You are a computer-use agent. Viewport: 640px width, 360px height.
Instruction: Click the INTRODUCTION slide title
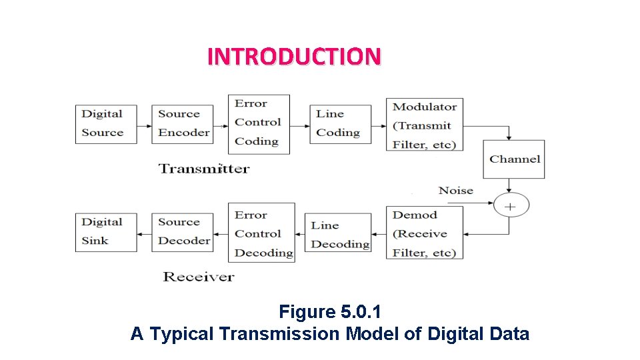tap(294, 56)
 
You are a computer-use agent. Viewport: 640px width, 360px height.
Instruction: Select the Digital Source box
tap(106, 123)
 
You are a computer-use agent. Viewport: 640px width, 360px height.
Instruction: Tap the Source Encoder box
tap(183, 123)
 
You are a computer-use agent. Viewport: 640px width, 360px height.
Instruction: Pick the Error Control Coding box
tap(259, 124)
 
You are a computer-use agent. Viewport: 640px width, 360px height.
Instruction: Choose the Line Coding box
tap(340, 124)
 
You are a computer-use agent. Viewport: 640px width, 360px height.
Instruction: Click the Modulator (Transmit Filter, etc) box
tap(425, 125)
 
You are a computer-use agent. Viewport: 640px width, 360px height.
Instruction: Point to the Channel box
tap(513, 159)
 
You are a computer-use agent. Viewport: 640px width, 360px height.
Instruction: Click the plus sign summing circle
tap(511, 206)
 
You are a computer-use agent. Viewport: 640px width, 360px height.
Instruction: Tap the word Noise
tap(456, 191)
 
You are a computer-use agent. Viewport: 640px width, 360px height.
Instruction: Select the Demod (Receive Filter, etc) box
tap(425, 233)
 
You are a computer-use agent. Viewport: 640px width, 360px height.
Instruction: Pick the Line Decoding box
tap(338, 234)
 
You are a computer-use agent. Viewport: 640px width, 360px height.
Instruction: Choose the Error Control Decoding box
tap(261, 233)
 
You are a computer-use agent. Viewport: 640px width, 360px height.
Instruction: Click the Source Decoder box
tap(183, 231)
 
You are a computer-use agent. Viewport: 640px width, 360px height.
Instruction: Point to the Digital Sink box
tap(106, 232)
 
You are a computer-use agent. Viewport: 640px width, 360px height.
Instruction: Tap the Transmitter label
tap(204, 168)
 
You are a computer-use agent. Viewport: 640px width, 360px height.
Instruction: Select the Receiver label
tap(199, 276)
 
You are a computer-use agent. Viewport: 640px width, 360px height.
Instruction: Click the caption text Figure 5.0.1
tap(329, 311)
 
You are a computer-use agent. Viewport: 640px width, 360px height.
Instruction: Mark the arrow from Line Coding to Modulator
tap(379, 125)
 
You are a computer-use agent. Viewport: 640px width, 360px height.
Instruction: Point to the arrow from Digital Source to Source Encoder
tap(144, 125)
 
